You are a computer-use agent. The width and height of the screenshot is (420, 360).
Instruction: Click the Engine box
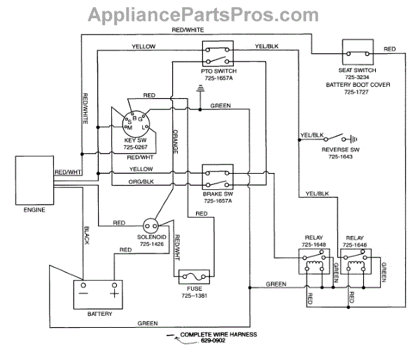(34, 178)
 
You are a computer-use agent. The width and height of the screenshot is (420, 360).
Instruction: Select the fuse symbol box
(195, 277)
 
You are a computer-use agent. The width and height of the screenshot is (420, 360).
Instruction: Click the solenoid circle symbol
(150, 226)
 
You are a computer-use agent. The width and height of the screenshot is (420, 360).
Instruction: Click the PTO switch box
(217, 54)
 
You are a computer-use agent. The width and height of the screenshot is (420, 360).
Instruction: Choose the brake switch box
(217, 174)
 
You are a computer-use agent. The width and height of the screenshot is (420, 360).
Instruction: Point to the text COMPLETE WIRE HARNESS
(216, 335)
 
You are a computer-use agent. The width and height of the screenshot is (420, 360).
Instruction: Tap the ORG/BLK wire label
(141, 182)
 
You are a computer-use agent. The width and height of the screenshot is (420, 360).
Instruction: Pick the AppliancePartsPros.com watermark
(210, 14)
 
